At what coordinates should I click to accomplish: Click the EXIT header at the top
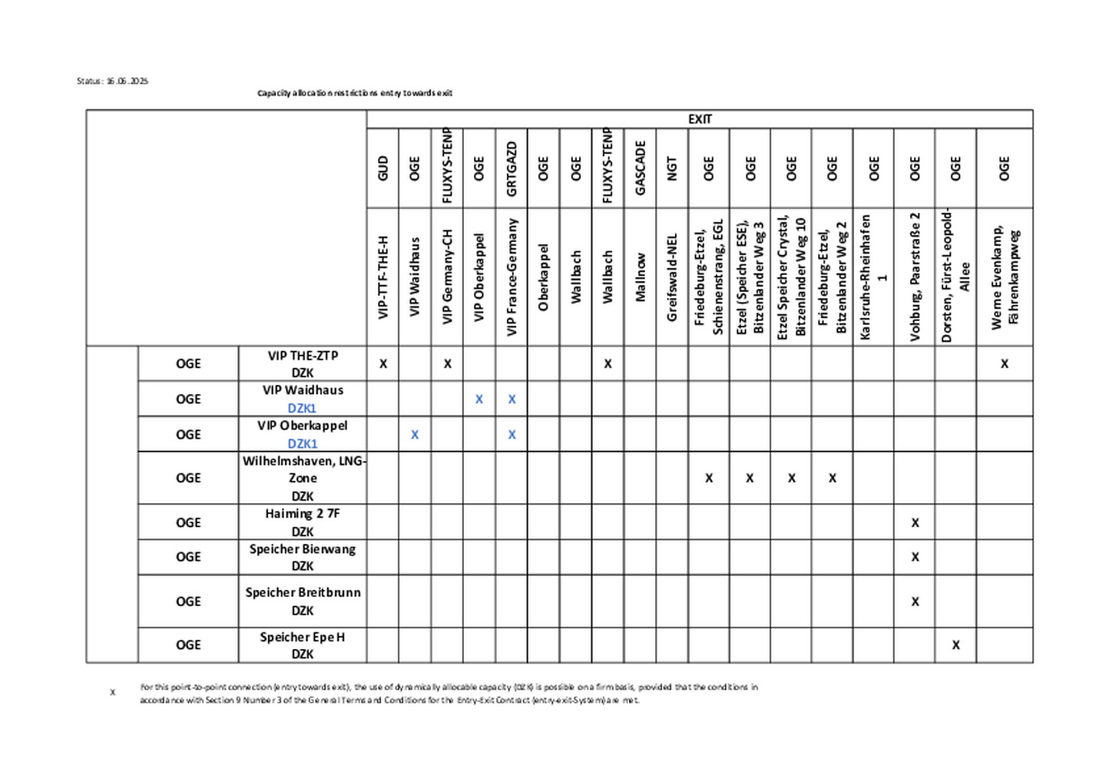[x=699, y=119]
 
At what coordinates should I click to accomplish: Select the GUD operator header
[x=382, y=168]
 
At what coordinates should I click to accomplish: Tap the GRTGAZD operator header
[x=512, y=168]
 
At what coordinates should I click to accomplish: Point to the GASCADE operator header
[x=640, y=167]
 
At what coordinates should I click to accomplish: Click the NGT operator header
[x=672, y=168]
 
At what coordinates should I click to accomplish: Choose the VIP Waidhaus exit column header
[x=415, y=277]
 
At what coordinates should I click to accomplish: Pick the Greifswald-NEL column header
[x=672, y=277]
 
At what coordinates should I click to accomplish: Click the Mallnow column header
[x=640, y=277]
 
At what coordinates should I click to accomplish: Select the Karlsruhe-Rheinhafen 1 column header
[x=873, y=277]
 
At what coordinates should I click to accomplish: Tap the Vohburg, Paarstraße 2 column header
[x=915, y=277]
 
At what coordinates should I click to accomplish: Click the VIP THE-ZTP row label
[x=303, y=356]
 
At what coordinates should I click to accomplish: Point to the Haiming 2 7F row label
[x=303, y=513]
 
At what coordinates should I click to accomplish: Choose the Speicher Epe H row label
[x=303, y=637]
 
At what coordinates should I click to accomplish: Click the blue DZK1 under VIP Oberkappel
[x=303, y=443]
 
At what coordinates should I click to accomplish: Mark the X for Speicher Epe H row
[x=955, y=645]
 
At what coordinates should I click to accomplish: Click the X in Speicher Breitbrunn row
[x=915, y=601]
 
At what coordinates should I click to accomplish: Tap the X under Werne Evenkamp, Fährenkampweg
[x=1004, y=364]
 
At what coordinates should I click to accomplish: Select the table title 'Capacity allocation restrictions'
[x=355, y=93]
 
